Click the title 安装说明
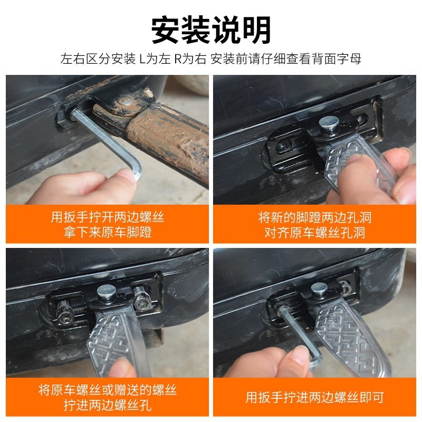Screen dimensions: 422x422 (211, 30)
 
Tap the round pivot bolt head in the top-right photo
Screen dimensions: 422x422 (328, 124)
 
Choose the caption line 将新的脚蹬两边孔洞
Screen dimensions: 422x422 (314, 217)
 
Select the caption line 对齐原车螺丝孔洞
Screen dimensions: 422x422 (314, 232)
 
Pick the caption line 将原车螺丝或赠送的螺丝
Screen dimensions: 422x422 (107, 390)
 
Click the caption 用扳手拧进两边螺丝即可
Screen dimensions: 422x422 (314, 397)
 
